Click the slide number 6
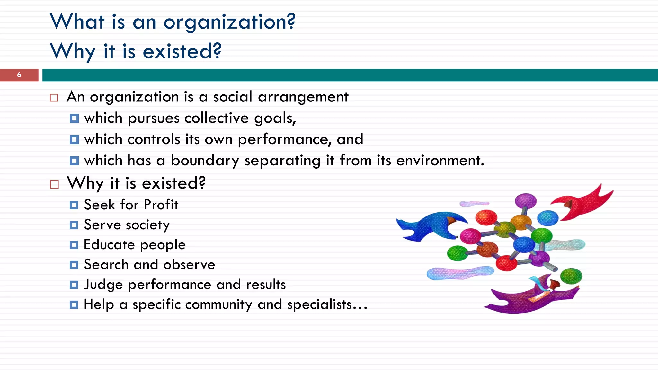click(19, 75)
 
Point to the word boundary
click(205, 161)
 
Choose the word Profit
click(161, 205)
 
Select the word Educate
click(109, 245)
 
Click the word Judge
click(103, 285)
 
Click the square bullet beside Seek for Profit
click(74, 205)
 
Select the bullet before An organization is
click(54, 98)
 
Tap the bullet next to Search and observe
click(74, 265)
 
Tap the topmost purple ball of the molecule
click(526, 201)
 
